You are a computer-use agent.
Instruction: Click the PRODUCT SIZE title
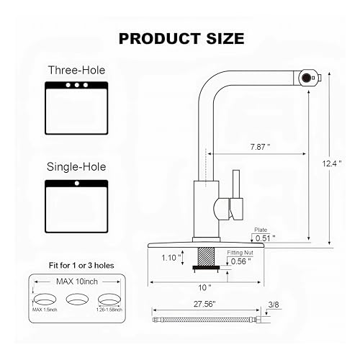181,39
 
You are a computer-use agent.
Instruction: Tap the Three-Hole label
76,70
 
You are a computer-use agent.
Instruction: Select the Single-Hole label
76,167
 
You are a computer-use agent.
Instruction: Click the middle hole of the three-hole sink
77,85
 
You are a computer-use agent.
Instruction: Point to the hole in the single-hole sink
77,184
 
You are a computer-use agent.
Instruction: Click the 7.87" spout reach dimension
261,147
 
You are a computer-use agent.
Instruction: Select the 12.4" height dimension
332,163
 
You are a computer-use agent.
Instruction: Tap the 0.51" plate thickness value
265,238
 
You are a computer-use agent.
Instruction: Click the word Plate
261,230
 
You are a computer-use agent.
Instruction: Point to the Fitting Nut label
240,253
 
